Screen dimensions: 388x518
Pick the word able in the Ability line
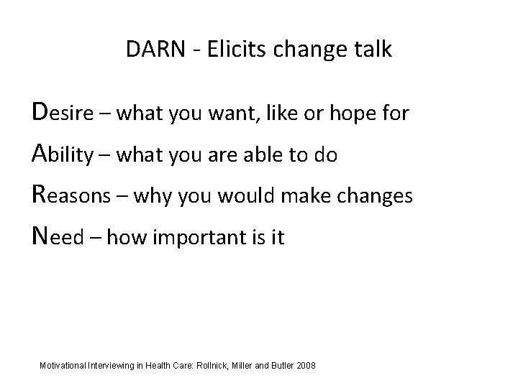coord(265,154)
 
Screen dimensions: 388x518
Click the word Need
coord(58,237)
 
